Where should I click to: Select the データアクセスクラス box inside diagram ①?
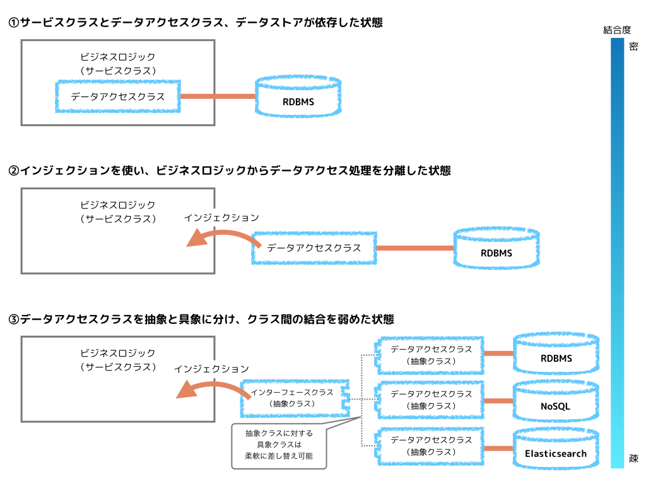117,96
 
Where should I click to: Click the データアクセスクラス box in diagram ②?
314,248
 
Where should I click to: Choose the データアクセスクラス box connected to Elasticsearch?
431,447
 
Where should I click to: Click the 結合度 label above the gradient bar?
616,29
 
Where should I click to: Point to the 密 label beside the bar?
633,46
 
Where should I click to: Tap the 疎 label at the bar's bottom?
633,459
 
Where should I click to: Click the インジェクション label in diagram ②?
221,217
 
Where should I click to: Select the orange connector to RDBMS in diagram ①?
218,96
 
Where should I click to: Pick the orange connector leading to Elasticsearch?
499,448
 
